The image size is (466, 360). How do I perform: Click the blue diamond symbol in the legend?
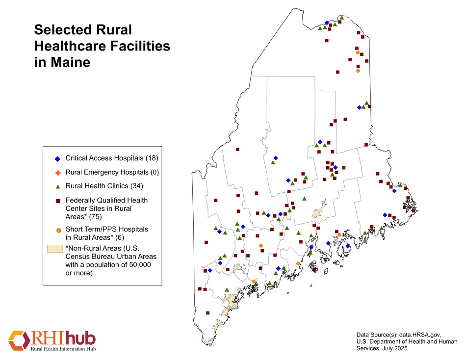point(57,159)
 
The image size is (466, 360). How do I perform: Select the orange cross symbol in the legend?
point(57,173)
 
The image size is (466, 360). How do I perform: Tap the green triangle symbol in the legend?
point(57,186)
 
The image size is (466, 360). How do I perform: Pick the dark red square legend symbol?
point(57,201)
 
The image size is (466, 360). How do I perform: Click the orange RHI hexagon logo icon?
point(19,341)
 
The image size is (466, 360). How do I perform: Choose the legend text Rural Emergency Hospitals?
point(105,172)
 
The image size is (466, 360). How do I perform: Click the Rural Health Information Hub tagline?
point(63,349)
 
